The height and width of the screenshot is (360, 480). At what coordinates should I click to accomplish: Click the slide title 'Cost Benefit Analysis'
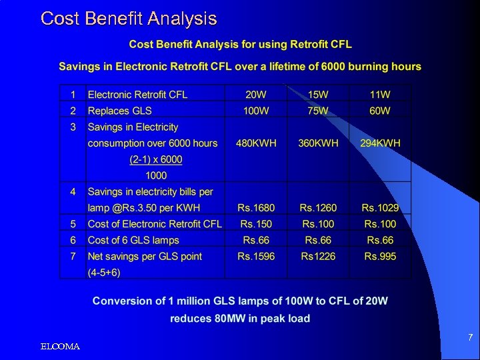pos(129,18)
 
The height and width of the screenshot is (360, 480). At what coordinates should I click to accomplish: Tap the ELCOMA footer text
pos(60,347)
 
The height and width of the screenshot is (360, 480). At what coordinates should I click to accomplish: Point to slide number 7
pos(470,338)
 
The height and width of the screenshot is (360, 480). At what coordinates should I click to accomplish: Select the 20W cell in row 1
pos(256,95)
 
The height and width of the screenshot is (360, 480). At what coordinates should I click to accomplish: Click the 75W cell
pos(318,111)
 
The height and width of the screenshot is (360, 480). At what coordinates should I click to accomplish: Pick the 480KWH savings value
pos(256,143)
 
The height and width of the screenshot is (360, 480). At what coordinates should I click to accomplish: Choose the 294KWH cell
pos(380,143)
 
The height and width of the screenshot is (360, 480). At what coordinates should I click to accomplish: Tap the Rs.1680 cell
pos(256,208)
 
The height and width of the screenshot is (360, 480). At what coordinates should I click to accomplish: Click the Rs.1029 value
pos(380,208)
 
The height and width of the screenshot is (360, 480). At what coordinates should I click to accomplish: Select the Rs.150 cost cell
pos(256,224)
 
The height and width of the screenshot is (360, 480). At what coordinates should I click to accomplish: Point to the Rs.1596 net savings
pos(256,257)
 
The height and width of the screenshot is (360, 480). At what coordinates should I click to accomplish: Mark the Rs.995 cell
pos(380,257)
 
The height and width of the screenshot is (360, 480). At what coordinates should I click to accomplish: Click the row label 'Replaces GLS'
pos(120,111)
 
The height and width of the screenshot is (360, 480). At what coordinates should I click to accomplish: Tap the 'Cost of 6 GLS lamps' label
pos(133,240)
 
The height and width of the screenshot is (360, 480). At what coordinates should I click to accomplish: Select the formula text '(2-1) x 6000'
pos(155,159)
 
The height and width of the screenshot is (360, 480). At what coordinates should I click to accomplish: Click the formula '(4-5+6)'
pos(105,273)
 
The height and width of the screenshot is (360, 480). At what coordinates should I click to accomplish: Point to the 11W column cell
pos(380,95)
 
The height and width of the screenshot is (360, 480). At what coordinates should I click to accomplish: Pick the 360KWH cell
pos(318,143)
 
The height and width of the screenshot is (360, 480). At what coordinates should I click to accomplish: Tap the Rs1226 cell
pos(318,257)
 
